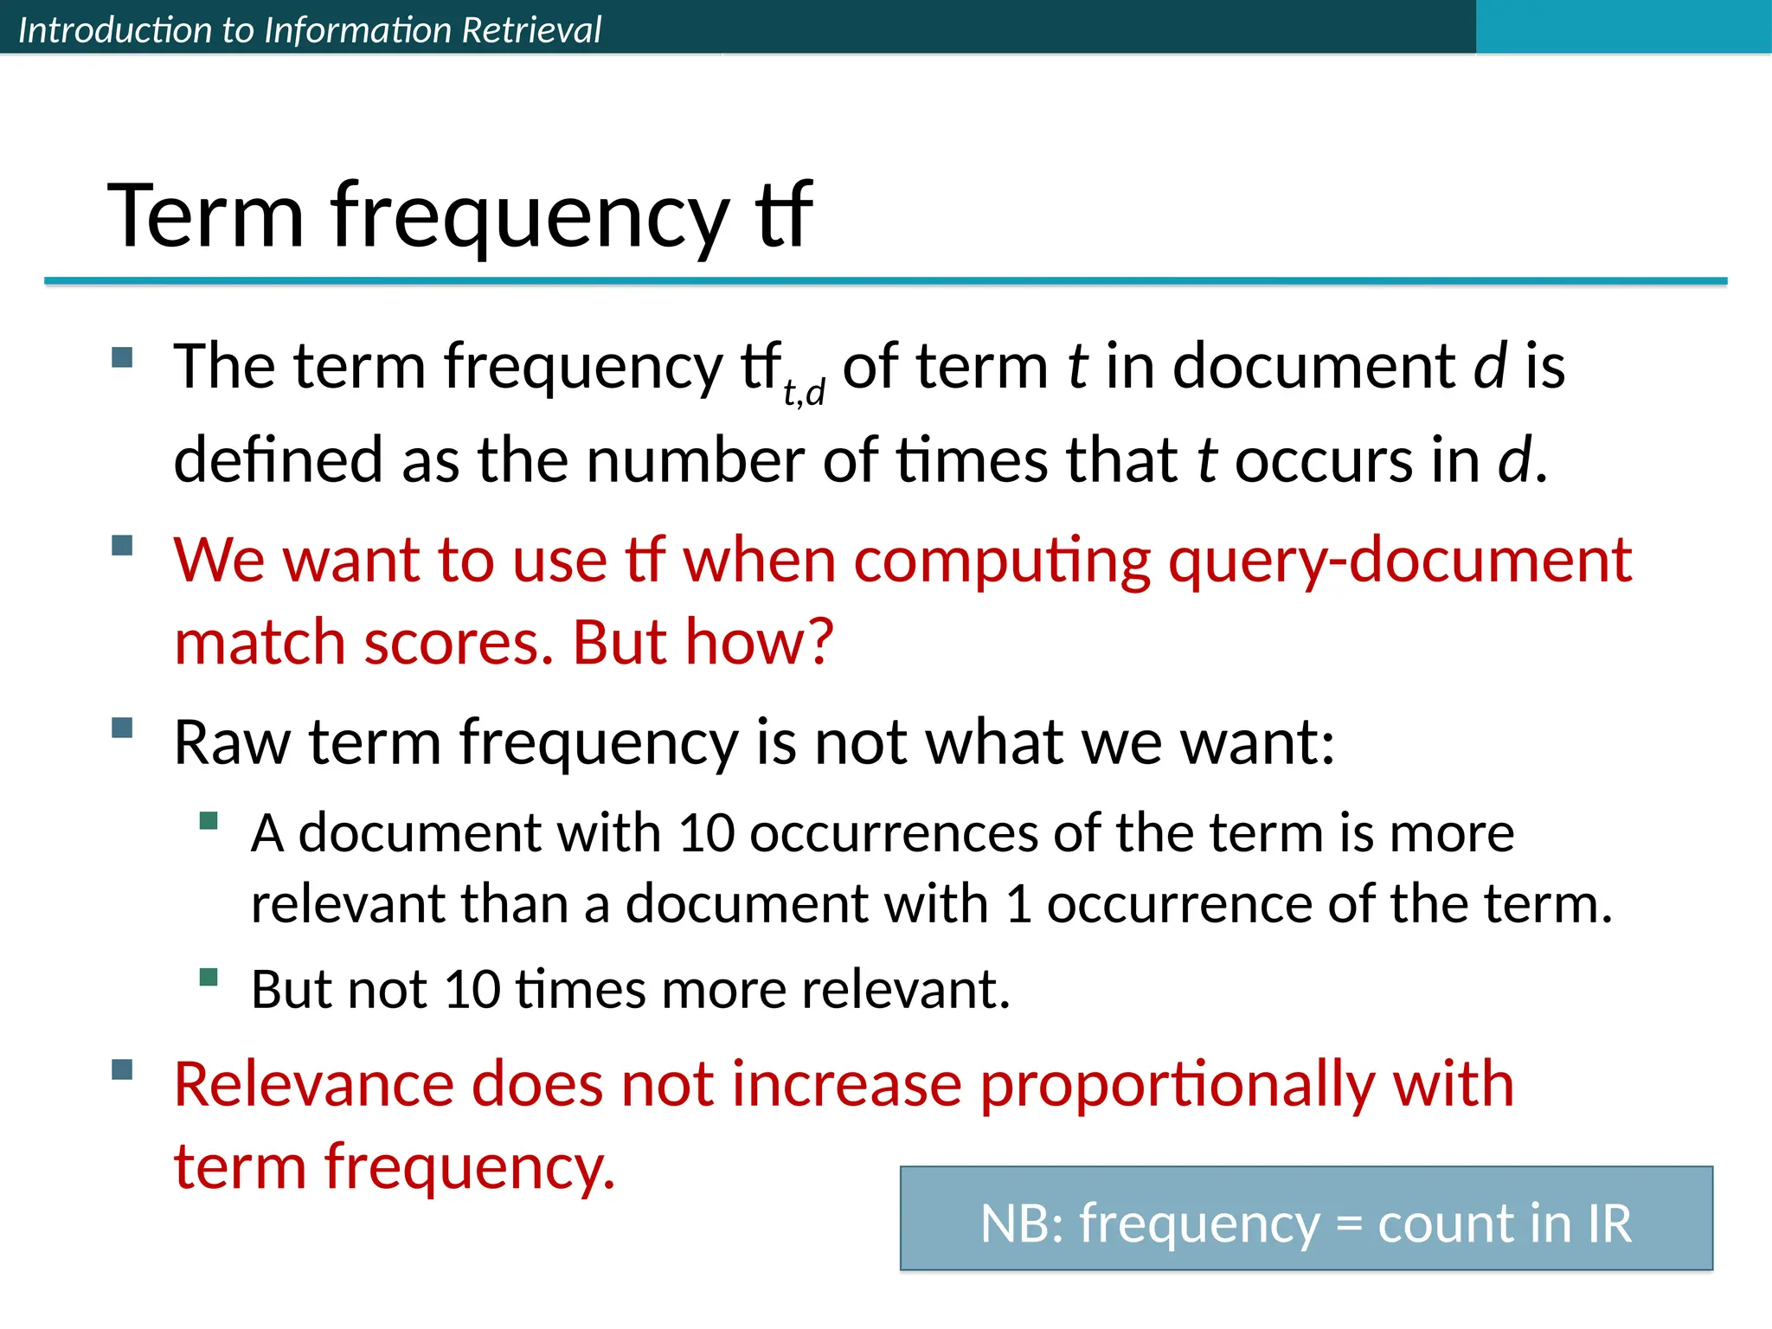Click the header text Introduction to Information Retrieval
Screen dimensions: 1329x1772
point(309,30)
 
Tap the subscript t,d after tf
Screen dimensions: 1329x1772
point(804,392)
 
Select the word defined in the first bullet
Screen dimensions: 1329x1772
point(278,459)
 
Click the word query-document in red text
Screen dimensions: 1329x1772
point(1399,560)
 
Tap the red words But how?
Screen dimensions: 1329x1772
point(703,642)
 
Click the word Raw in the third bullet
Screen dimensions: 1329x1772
point(232,742)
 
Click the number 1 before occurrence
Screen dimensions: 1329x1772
point(1019,905)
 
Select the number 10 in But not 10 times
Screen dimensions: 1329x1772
point(472,990)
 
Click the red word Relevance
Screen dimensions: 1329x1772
point(313,1084)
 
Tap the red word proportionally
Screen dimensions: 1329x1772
point(1177,1084)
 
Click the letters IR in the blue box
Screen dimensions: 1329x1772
point(1608,1223)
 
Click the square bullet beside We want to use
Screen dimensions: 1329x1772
point(122,546)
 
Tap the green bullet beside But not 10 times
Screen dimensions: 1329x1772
point(208,978)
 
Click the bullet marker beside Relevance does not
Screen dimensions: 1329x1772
point(122,1070)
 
